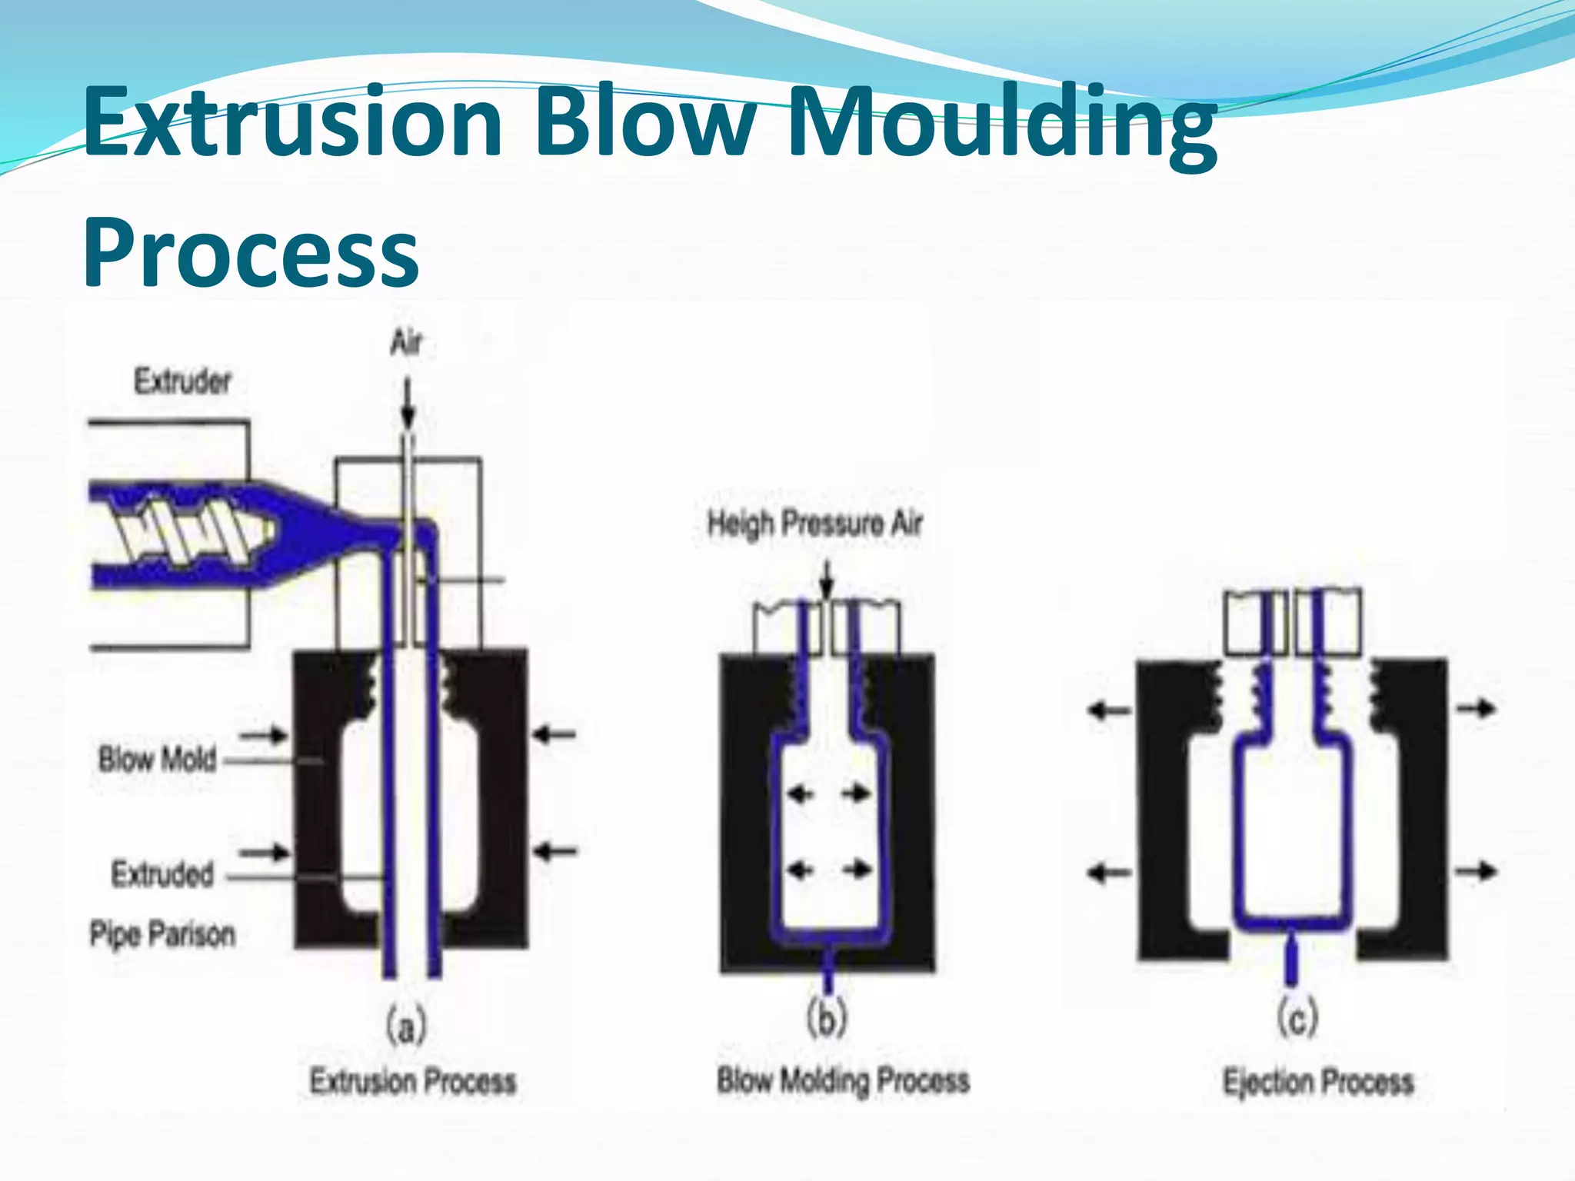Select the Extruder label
tap(182, 381)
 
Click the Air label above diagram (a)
tap(406, 342)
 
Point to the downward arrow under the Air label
tap(408, 404)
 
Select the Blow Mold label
tap(157, 760)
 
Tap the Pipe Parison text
tap(162, 934)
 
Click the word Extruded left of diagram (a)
tap(162, 875)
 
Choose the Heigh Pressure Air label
tap(814, 524)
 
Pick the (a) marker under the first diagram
tap(405, 1026)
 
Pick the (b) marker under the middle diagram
tap(827, 1019)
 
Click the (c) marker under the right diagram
tap(1297, 1019)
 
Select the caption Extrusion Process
tap(412, 1082)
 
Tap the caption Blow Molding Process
tap(843, 1080)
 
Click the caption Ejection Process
tap(1318, 1082)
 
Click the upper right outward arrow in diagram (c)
tap(1477, 708)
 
